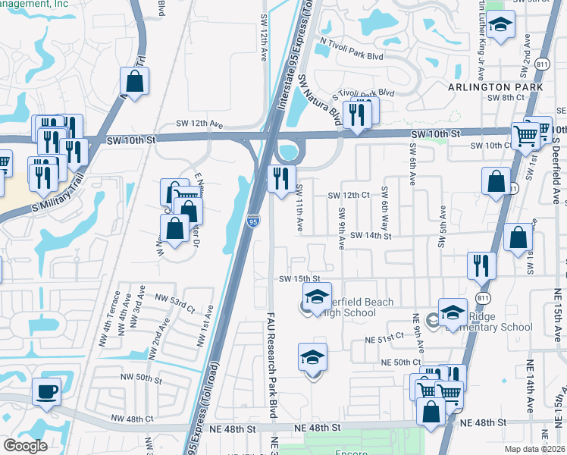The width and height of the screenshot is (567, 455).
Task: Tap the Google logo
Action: [26, 446]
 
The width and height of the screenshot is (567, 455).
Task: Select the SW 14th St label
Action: [371, 236]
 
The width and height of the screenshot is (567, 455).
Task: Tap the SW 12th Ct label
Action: [348, 195]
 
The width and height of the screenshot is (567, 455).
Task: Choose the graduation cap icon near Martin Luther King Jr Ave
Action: [500, 26]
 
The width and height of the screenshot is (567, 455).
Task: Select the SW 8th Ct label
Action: [506, 98]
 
